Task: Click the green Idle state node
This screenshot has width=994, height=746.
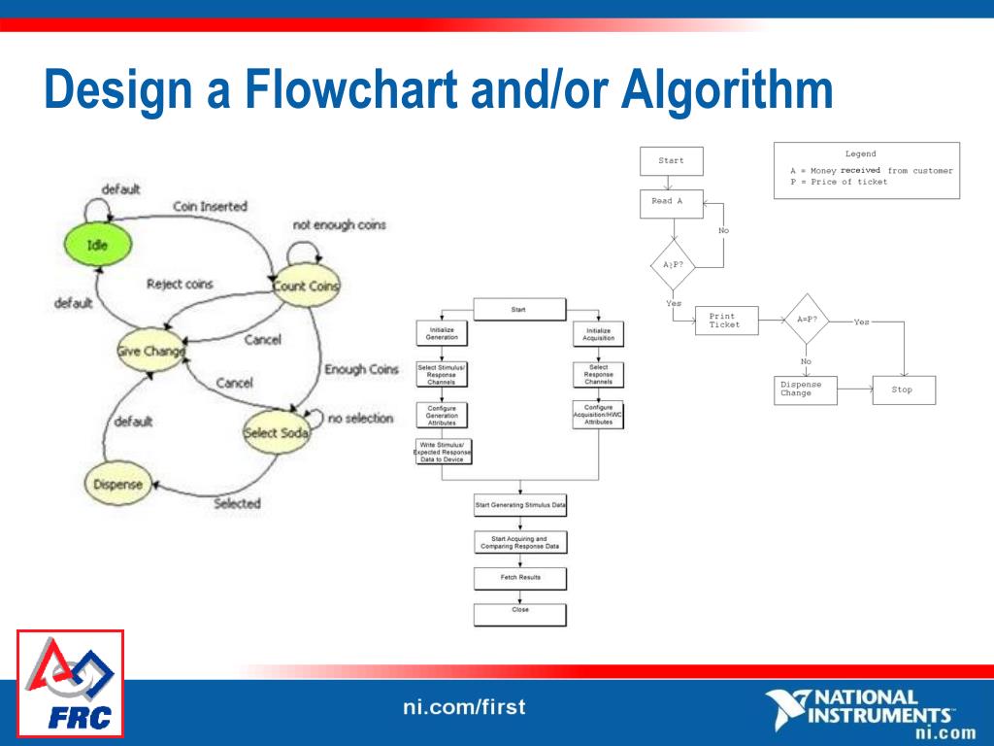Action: click(98, 246)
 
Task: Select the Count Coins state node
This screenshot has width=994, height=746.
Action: click(305, 286)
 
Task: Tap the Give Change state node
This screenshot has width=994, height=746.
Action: click(150, 352)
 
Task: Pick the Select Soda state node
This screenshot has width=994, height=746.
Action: click(276, 432)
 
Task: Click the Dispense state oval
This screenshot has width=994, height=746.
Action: click(116, 484)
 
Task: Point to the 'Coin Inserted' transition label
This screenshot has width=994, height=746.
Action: click(210, 206)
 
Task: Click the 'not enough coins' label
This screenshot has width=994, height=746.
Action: click(339, 224)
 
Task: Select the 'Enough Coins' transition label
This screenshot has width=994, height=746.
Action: click(361, 369)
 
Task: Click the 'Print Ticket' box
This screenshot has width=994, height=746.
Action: click(726, 321)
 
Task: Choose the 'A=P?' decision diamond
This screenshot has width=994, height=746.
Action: click(807, 319)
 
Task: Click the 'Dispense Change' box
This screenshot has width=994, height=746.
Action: click(805, 390)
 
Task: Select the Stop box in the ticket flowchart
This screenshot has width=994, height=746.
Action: click(904, 390)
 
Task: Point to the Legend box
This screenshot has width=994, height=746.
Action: click(866, 170)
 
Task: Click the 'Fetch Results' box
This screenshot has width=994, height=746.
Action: click(519, 578)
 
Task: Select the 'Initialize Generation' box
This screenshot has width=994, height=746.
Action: click(442, 333)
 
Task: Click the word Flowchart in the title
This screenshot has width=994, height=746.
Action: click(350, 89)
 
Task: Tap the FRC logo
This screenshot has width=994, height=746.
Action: click(70, 684)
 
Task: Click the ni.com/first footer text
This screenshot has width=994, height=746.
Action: click(464, 706)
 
